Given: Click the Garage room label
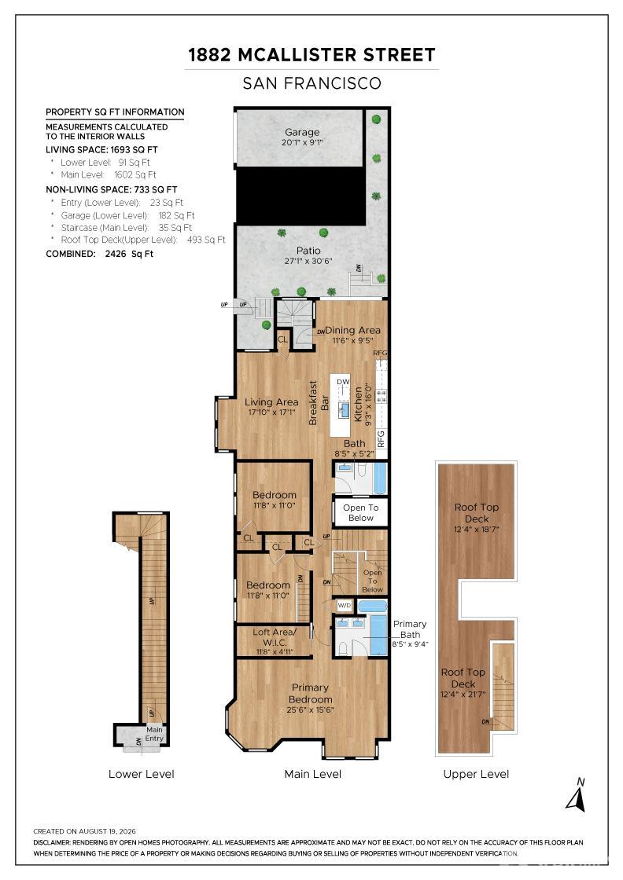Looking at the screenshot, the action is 302,133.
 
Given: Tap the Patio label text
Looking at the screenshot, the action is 308,251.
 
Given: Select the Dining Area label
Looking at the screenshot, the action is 352,331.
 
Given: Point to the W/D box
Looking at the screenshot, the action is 344,606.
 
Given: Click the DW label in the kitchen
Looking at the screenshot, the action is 343,382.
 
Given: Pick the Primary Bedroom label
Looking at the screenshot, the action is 310,694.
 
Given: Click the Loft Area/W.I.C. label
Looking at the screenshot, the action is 274,637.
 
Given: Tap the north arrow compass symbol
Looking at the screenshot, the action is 576,795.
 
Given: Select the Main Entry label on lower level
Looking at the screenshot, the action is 154,734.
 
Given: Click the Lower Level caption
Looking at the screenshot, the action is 141,774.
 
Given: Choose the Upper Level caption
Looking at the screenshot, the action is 476,774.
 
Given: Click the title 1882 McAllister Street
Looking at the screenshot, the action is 311,55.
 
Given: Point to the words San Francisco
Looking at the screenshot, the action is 311,83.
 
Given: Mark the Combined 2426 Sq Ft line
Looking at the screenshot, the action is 99,254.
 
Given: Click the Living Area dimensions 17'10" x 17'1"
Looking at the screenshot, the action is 271,412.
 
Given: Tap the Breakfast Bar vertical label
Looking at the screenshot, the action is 319,402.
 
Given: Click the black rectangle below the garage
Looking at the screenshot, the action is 300,195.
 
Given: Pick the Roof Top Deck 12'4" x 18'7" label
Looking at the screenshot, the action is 477,518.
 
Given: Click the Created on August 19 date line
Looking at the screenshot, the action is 84,831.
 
